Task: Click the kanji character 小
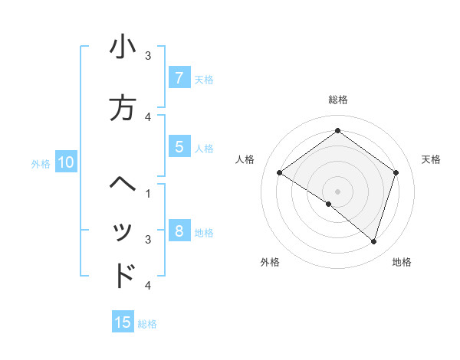123,47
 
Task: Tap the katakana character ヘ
123,184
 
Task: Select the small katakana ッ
123,233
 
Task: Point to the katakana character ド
123,275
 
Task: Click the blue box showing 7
179,78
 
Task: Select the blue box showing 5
179,148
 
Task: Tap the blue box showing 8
179,231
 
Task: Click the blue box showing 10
65,162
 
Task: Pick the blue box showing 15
123,322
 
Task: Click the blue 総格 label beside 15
147,324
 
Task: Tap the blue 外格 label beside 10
41,163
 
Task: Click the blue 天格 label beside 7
204,79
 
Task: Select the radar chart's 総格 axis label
337,100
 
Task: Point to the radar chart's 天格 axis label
431,159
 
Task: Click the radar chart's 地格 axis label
402,262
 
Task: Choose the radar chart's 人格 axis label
245,159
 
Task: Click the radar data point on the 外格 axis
329,204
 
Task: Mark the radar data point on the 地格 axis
373,241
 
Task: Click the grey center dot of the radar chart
337,191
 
